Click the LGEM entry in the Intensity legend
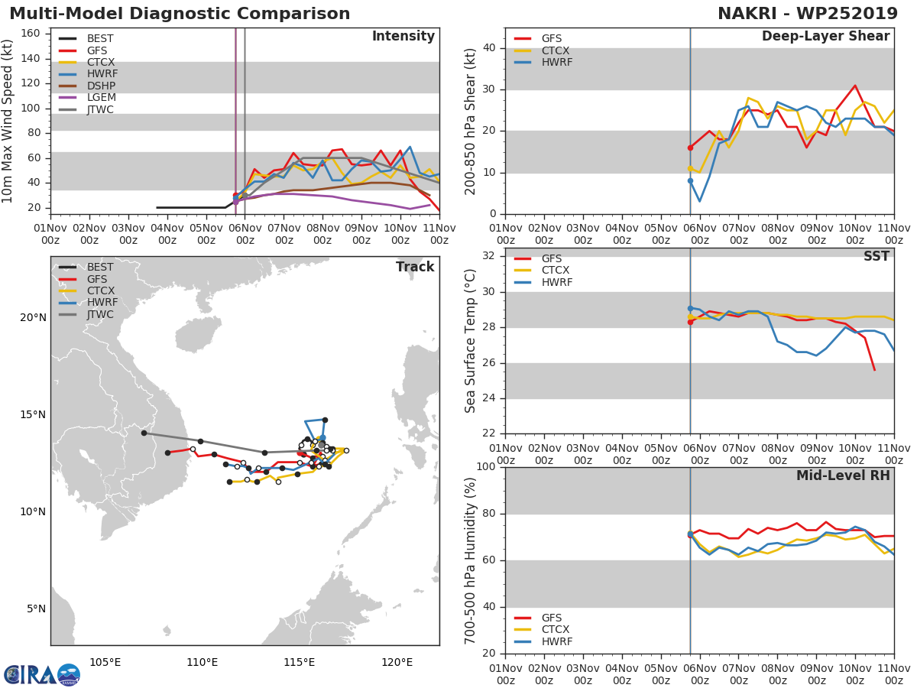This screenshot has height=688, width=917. click(x=100, y=98)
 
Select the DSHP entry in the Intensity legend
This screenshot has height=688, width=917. click(x=100, y=86)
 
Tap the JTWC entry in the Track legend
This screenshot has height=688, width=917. click(x=100, y=315)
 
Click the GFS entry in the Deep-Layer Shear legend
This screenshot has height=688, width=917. click(x=551, y=39)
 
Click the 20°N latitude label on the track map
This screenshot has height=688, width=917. click(x=33, y=318)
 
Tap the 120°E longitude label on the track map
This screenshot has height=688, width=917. click(x=397, y=663)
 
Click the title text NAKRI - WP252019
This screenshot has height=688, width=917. click(x=808, y=14)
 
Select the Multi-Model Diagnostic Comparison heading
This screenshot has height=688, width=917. click(x=180, y=14)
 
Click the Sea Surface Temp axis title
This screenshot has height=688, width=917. click(x=471, y=341)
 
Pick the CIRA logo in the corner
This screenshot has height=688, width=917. click(x=41, y=674)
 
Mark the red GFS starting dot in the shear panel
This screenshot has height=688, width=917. click(x=690, y=148)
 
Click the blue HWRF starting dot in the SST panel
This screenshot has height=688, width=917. click(x=690, y=308)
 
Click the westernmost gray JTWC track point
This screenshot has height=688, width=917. click(x=144, y=433)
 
